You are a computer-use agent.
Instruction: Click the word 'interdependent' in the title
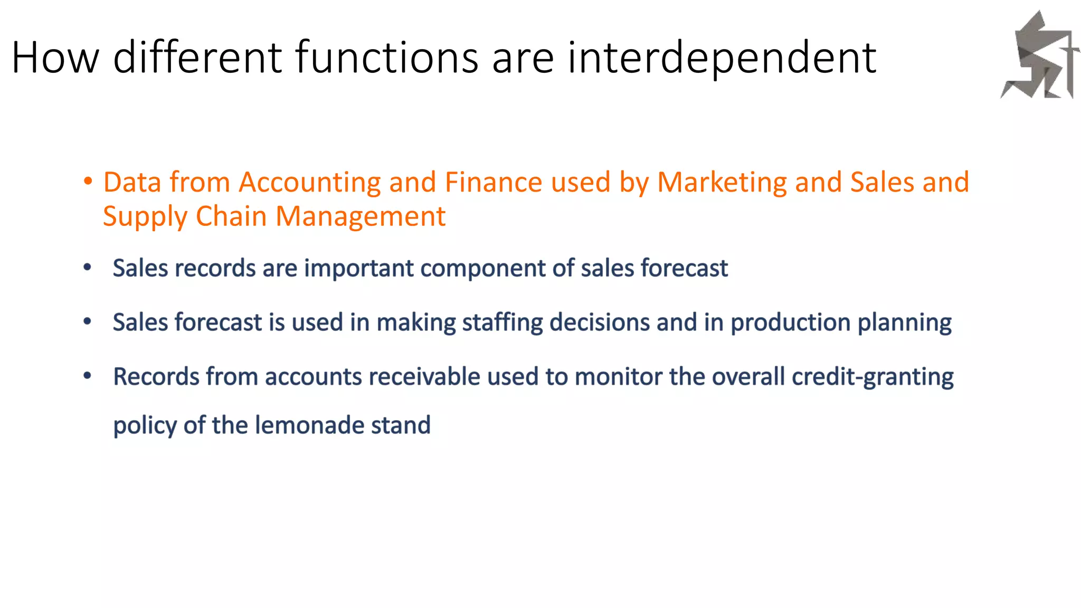pyautogui.click(x=722, y=57)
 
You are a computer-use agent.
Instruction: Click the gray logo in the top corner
pyautogui.click(x=1039, y=56)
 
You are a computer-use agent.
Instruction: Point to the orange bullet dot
pyautogui.click(x=88, y=182)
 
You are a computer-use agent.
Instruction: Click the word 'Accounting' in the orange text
pyautogui.click(x=309, y=183)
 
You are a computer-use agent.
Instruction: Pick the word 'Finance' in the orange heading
pyautogui.click(x=493, y=183)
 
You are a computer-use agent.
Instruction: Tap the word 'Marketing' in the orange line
pyautogui.click(x=722, y=183)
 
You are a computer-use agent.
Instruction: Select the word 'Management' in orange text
pyautogui.click(x=361, y=216)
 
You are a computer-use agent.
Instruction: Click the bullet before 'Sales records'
pyautogui.click(x=88, y=268)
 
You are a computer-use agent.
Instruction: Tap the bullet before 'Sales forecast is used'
pyautogui.click(x=88, y=321)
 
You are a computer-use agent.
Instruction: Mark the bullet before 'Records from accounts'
pyautogui.click(x=88, y=376)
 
